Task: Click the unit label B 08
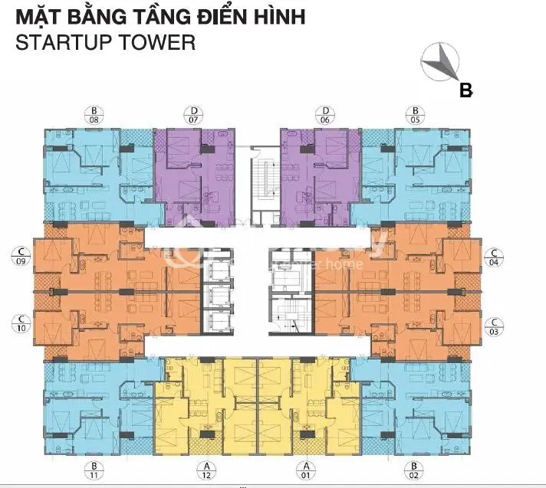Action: coord(94,115)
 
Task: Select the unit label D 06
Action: coord(325,115)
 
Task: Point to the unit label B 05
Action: coord(415,115)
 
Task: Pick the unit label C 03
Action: coord(495,326)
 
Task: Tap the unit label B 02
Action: coord(415,470)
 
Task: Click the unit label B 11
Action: coord(94,470)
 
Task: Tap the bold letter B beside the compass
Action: coord(465,90)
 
